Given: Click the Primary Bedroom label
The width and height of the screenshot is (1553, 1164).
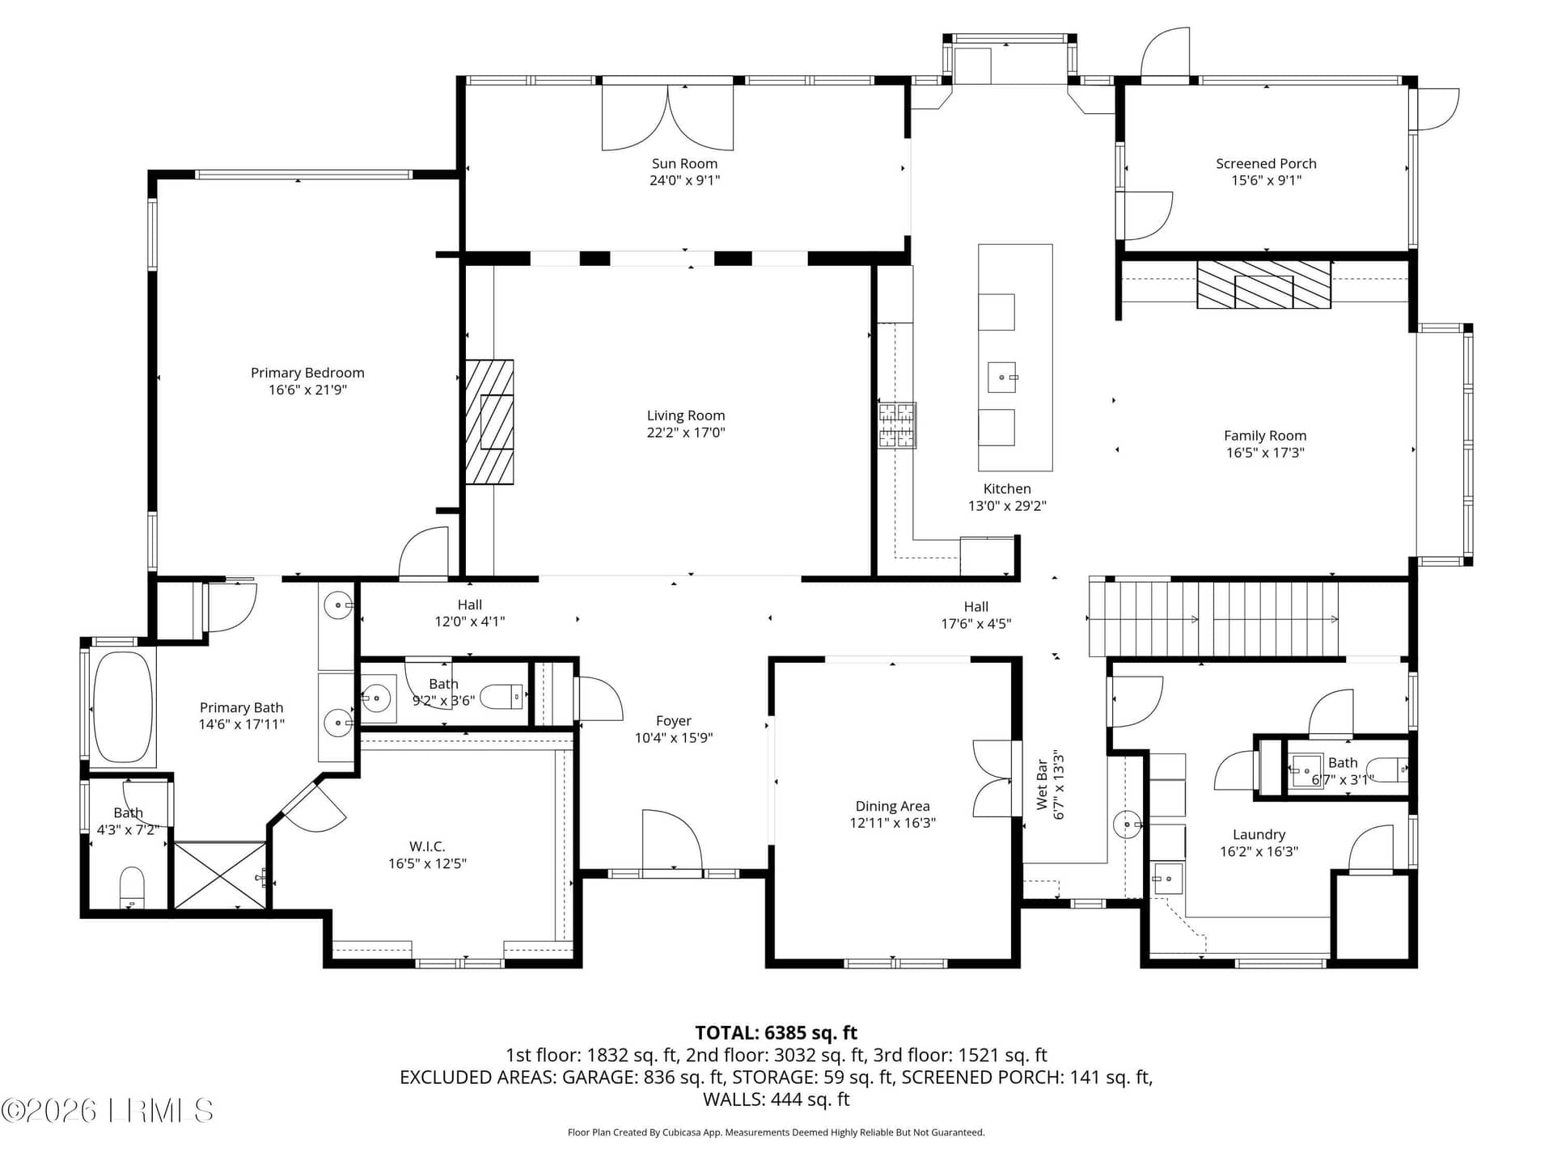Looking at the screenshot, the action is pyautogui.click(x=307, y=373).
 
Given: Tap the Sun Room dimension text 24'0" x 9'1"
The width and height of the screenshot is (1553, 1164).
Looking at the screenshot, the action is pyautogui.click(x=684, y=180).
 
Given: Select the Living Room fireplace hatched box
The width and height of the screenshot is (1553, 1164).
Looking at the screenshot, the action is pyautogui.click(x=489, y=422).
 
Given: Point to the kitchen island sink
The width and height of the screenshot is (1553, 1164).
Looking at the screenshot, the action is pyautogui.click(x=1002, y=377).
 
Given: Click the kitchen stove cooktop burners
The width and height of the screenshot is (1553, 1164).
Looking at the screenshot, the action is pyautogui.click(x=897, y=425).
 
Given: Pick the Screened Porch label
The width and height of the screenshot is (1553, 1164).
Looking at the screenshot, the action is pyautogui.click(x=1266, y=163).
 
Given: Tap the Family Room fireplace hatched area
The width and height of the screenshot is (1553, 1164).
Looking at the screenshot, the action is pyautogui.click(x=1263, y=285).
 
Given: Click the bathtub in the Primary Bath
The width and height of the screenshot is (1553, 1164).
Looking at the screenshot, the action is pyautogui.click(x=123, y=707).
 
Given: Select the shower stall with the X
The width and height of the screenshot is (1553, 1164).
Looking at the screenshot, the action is pyautogui.click(x=221, y=875).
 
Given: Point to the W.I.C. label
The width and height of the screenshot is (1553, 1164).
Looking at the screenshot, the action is pyautogui.click(x=427, y=846).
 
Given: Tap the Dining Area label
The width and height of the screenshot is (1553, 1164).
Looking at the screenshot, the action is pyautogui.click(x=892, y=806).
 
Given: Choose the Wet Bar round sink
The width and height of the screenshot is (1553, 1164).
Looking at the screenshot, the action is pyautogui.click(x=1128, y=824).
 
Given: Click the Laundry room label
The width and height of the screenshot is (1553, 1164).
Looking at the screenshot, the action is pyautogui.click(x=1259, y=834).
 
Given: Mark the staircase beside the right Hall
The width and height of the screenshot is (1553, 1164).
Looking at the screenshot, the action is pyautogui.click(x=1213, y=619).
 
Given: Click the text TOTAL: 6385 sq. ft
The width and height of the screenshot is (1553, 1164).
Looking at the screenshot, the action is pyautogui.click(x=776, y=1032).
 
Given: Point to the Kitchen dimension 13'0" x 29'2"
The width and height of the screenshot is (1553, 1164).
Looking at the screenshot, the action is pyautogui.click(x=1007, y=506).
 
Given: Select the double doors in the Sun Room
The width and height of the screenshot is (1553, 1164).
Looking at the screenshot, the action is pyautogui.click(x=668, y=117).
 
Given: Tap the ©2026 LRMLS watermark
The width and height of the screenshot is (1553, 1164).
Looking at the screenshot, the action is pyautogui.click(x=108, y=1111).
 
